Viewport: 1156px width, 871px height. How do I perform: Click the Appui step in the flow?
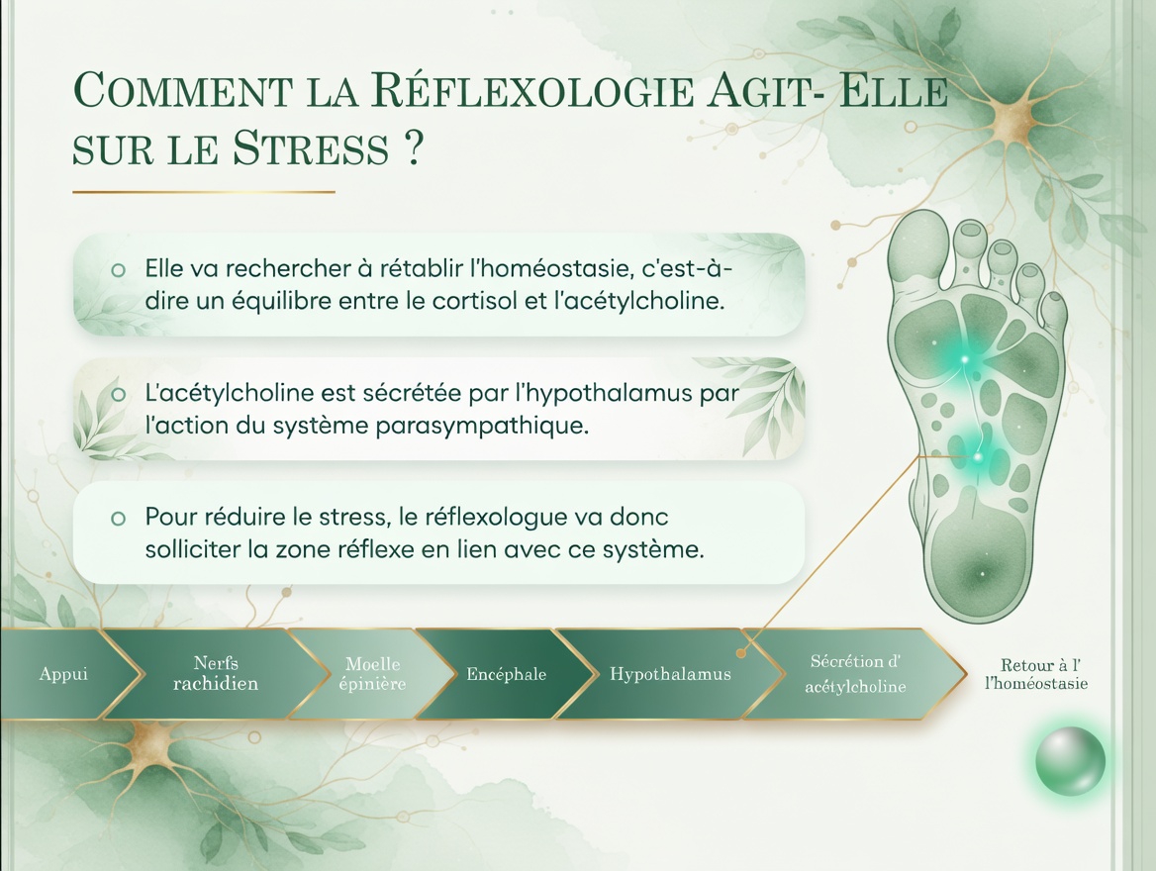[x=63, y=674]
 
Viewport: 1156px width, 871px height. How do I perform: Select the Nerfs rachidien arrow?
[x=216, y=674]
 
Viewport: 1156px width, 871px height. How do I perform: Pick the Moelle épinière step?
[x=375, y=674]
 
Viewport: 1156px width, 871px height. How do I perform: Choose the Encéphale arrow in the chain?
[x=506, y=675]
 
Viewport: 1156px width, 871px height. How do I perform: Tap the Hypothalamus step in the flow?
[x=670, y=675]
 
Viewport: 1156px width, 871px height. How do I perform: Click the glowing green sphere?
[x=1070, y=761]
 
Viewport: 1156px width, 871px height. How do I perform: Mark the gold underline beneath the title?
[x=204, y=192]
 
